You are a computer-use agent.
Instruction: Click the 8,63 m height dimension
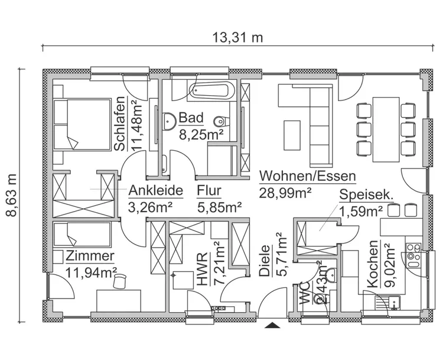point(12,194)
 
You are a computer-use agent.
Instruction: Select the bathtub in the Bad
point(211,91)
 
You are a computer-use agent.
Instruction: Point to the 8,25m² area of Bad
point(200,134)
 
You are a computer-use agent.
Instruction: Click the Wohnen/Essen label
point(307,176)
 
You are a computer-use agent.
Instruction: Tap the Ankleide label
point(155,191)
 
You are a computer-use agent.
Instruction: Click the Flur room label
point(209,191)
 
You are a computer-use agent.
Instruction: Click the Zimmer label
point(90,256)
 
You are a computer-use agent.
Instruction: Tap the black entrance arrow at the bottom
point(272,325)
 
